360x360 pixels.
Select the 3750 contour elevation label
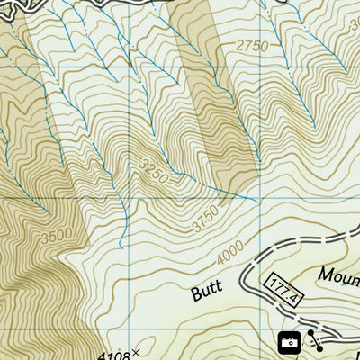click(205, 222)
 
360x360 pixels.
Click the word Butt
click(207, 290)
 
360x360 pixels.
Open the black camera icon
click(289, 341)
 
